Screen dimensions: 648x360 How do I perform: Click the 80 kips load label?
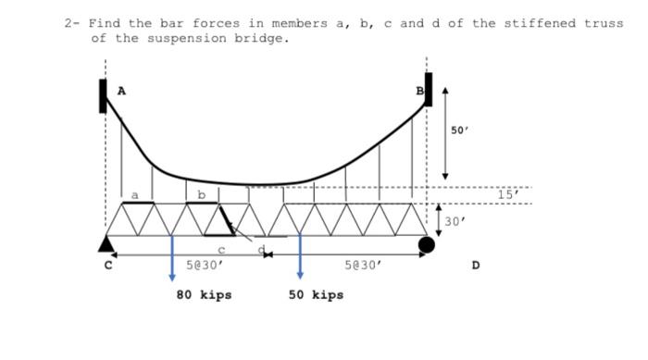point(204,295)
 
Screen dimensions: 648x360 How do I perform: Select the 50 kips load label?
point(316,295)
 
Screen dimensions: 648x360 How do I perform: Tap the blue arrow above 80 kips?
point(172,259)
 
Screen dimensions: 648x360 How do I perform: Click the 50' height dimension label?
point(460,131)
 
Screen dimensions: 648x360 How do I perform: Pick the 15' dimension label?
point(508,194)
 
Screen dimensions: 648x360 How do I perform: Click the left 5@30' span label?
point(205,266)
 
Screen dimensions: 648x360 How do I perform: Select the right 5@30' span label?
point(362,266)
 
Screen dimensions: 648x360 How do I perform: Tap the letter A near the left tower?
point(120,91)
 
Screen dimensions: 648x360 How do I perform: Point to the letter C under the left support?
point(107,266)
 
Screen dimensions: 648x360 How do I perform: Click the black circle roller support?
point(426,244)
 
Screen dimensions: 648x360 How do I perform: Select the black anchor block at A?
point(104,96)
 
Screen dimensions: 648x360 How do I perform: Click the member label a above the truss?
point(134,195)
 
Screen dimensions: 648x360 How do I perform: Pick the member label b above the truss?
point(201,194)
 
